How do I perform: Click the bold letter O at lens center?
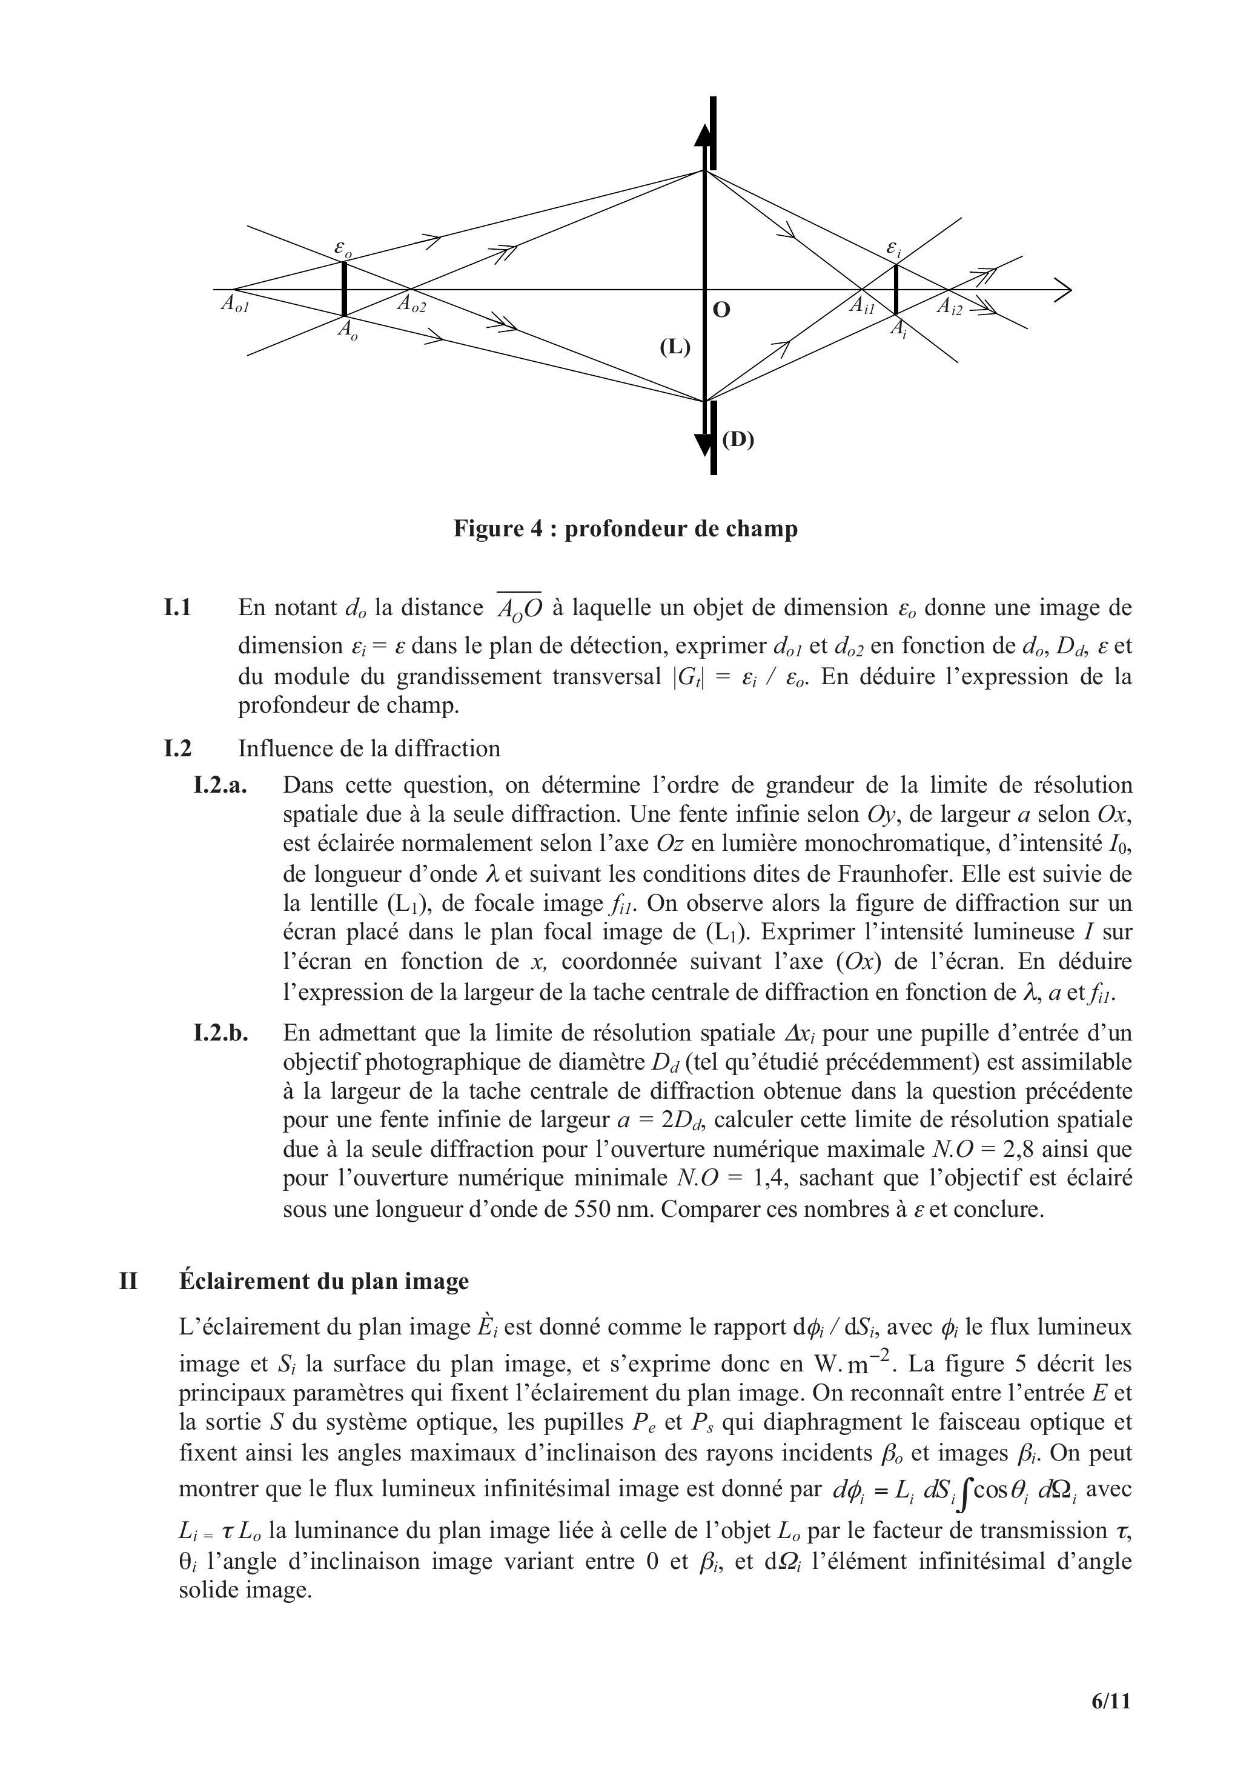721,310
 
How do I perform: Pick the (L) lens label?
674,347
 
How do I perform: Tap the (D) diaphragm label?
738,439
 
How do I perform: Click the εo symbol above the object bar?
343,248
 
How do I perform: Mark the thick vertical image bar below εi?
896,290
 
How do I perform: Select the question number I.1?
177,608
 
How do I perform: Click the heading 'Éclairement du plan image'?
324,1281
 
